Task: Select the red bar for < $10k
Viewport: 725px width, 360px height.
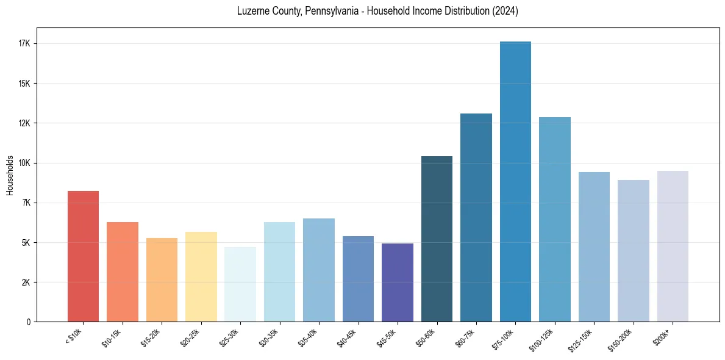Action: (x=83, y=256)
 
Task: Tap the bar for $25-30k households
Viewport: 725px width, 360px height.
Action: (x=240, y=284)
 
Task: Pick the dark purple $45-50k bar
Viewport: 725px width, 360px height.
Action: (x=398, y=283)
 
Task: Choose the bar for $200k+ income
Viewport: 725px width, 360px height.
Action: (x=673, y=247)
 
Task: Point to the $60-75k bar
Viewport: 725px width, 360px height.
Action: (x=476, y=218)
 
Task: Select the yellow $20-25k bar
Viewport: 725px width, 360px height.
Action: (x=201, y=276)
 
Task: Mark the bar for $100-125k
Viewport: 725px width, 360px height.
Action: (x=555, y=220)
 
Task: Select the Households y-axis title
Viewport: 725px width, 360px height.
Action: (x=10, y=175)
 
